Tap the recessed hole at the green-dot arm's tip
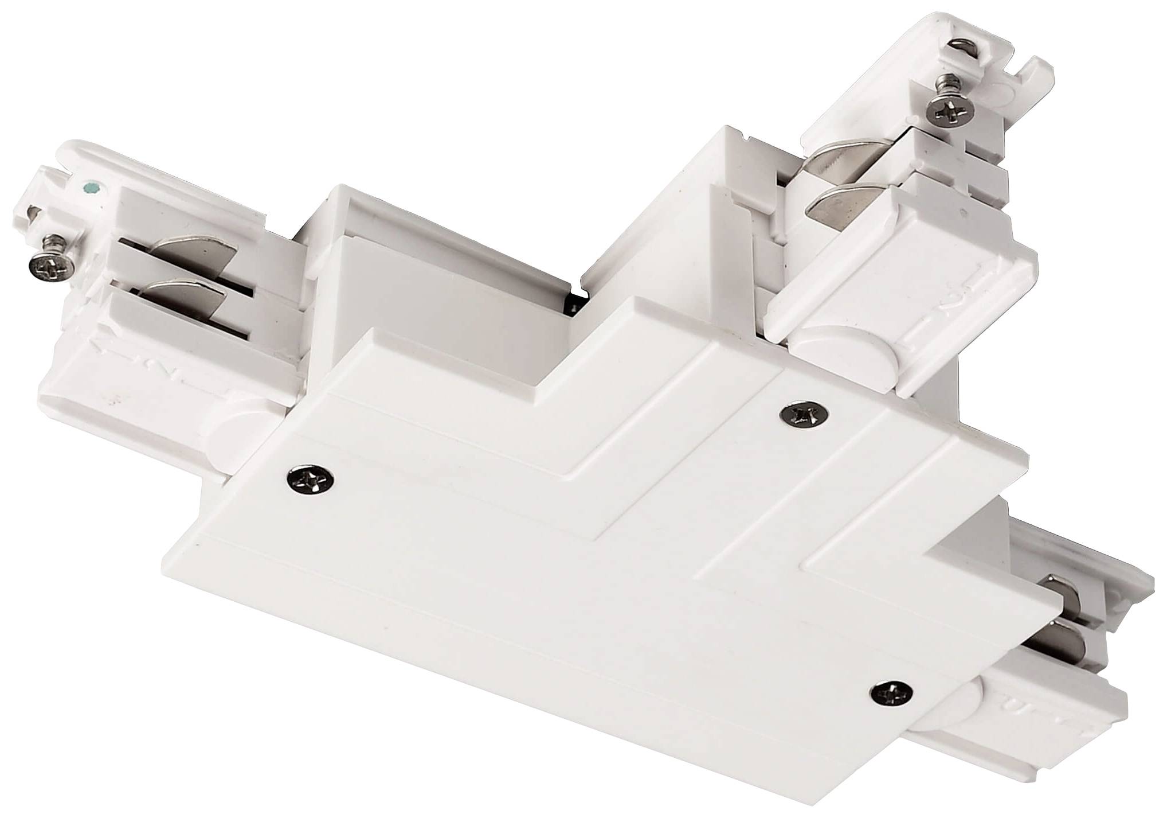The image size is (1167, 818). [x=34, y=216]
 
